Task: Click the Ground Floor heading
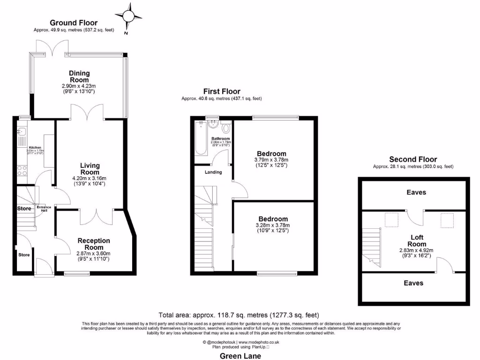click(x=74, y=22)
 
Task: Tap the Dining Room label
click(x=79, y=76)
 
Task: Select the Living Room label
click(x=90, y=169)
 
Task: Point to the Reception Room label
click(x=94, y=244)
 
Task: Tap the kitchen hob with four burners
click(x=22, y=170)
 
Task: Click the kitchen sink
click(x=21, y=132)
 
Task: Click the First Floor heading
click(x=221, y=91)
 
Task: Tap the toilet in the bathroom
click(x=226, y=128)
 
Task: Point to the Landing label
click(x=213, y=172)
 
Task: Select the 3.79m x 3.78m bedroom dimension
click(x=271, y=159)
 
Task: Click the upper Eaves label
click(x=416, y=192)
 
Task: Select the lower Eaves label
click(x=413, y=283)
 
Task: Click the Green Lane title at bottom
click(x=240, y=356)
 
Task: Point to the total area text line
click(x=240, y=315)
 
